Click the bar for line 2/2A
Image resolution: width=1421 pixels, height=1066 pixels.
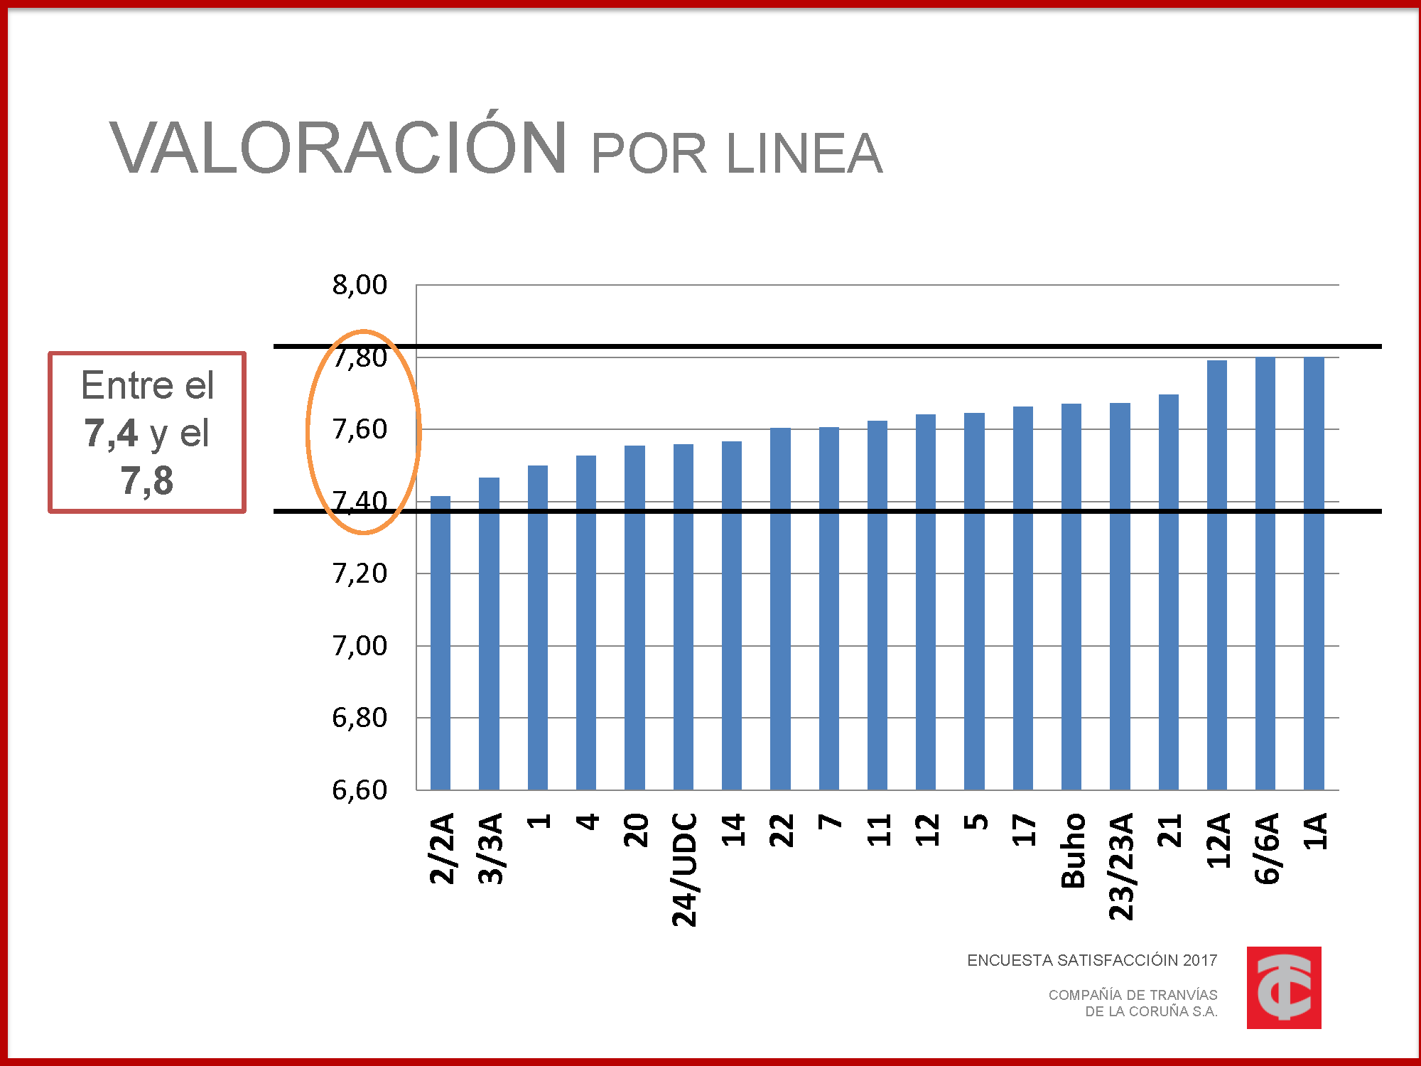point(441,643)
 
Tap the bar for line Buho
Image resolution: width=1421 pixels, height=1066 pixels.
point(1071,597)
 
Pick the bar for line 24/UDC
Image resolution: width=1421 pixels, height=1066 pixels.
point(683,617)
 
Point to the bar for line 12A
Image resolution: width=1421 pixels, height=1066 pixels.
point(1216,575)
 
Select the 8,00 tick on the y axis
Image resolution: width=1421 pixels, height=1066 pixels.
point(360,285)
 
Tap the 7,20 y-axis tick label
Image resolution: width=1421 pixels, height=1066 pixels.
point(360,574)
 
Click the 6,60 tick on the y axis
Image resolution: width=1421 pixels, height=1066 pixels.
point(360,790)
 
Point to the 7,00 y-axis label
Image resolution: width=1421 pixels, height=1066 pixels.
point(360,646)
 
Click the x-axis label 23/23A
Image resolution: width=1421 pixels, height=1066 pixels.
point(1121,867)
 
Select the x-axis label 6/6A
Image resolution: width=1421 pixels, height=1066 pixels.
point(1266,849)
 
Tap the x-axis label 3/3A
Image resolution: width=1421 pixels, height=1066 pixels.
point(490,849)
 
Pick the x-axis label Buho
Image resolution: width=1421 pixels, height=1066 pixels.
point(1073,851)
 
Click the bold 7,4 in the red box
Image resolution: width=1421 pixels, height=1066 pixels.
point(110,433)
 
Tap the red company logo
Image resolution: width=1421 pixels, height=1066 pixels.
point(1284,988)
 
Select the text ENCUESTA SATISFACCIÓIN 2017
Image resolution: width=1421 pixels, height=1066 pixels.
point(1092,961)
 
